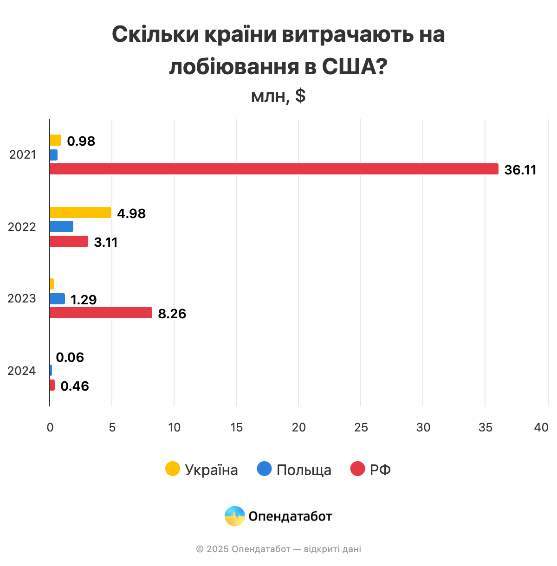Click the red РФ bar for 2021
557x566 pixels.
[274, 169]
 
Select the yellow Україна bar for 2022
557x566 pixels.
[80, 212]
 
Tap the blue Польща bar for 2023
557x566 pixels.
[57, 299]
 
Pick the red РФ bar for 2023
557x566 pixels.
[101, 313]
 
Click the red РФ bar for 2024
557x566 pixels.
[52, 385]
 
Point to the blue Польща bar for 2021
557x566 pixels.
[53, 155]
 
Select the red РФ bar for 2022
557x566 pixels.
[69, 241]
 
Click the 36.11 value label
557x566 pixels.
[520, 170]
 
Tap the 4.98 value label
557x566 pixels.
[131, 213]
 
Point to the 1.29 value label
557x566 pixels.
[84, 300]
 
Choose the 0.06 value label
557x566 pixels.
[70, 357]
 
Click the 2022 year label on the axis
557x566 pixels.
[22, 227]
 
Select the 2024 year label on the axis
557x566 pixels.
[22, 371]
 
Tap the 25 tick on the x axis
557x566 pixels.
[361, 427]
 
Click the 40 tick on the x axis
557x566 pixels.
[541, 427]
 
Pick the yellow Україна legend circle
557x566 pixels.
[173, 469]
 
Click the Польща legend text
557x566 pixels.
[304, 470]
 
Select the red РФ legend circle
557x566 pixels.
[358, 469]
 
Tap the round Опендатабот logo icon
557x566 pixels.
[235, 516]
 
